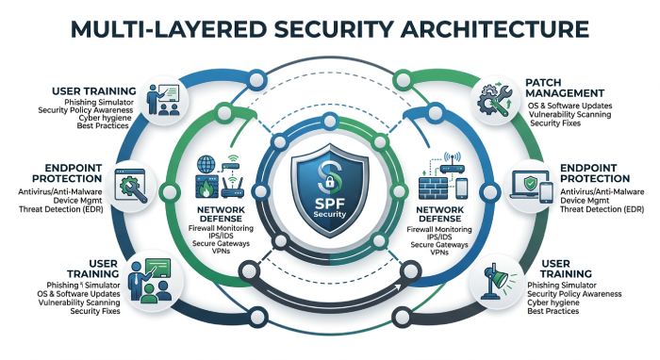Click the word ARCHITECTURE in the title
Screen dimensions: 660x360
click(495, 28)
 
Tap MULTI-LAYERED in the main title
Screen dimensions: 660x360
click(169, 28)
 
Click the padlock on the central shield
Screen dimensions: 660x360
click(330, 182)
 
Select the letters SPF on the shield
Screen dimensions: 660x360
click(330, 204)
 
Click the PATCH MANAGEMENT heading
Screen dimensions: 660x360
click(565, 88)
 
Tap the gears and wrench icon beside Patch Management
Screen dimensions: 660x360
click(495, 100)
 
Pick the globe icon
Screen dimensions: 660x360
click(206, 164)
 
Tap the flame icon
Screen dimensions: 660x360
click(206, 188)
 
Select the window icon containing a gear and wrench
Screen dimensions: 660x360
click(131, 186)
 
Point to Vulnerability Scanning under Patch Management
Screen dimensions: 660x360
click(569, 114)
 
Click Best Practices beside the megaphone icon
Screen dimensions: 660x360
click(553, 311)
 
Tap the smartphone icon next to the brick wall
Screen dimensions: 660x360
click(462, 188)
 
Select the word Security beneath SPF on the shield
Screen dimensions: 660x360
click(330, 214)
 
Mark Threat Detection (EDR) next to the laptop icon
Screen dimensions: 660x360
click(602, 209)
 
